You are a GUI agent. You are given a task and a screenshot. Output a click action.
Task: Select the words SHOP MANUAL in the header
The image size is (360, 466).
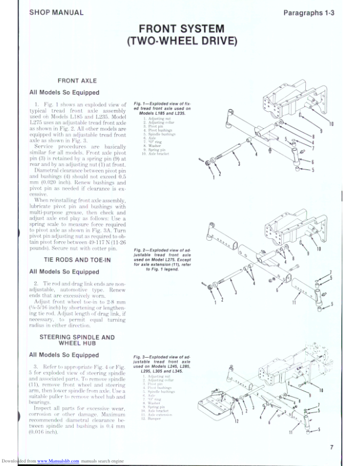click(x=56, y=12)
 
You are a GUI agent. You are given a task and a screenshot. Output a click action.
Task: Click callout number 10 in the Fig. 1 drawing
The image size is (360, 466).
click(x=331, y=124)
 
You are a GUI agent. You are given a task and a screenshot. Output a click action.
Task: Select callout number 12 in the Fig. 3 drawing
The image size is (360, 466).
click(x=235, y=422)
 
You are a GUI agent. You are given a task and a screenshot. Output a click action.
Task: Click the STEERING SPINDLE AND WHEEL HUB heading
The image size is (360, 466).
click(x=76, y=341)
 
